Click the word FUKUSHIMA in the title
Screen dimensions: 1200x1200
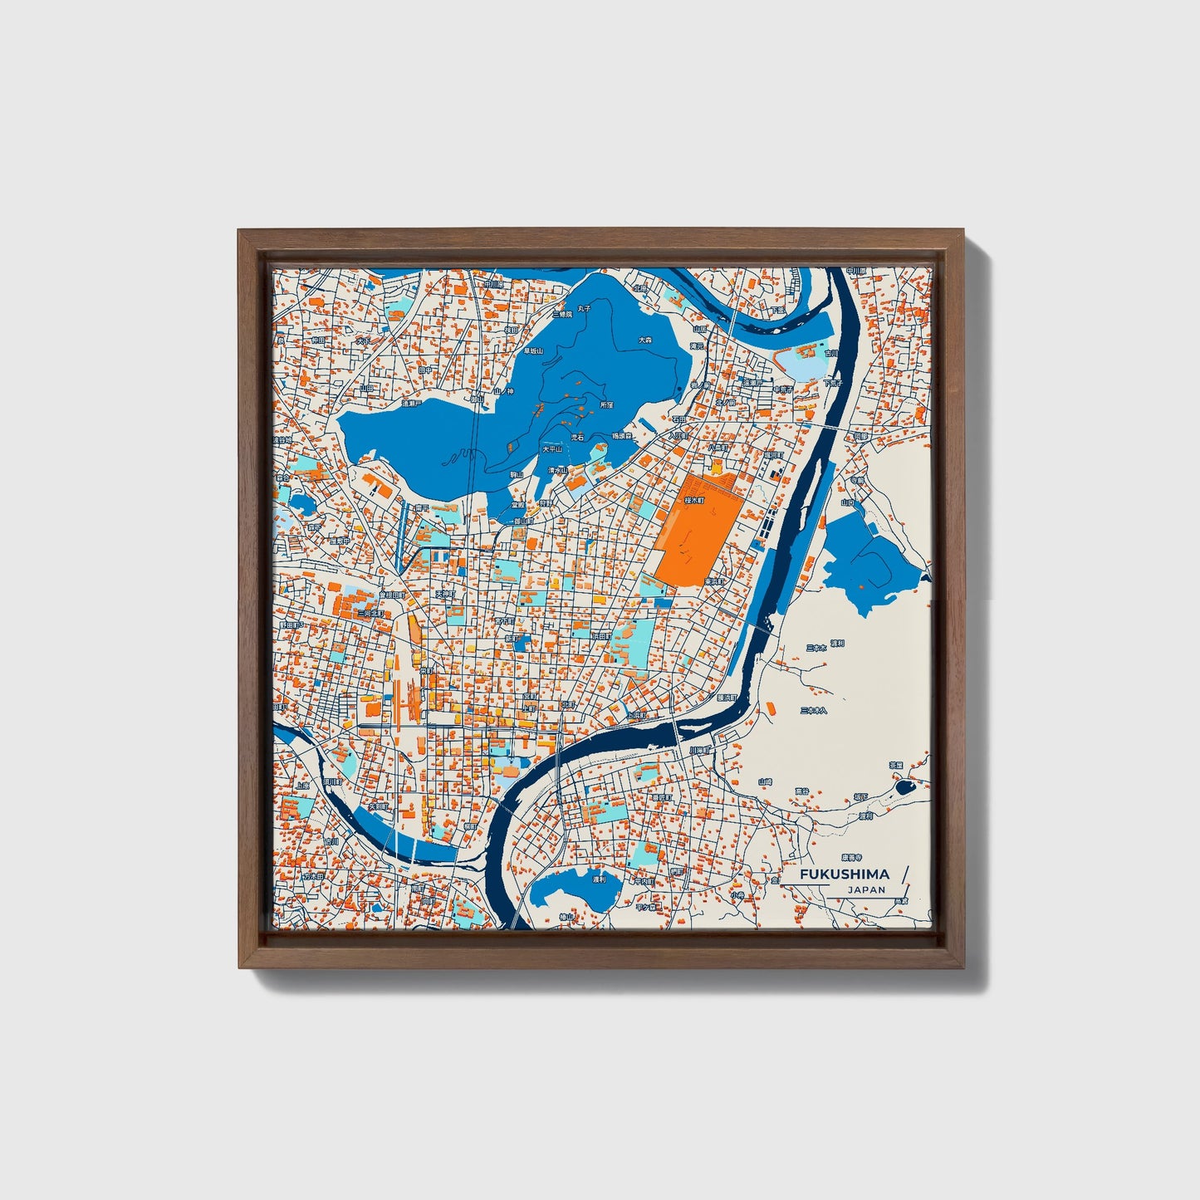point(844,874)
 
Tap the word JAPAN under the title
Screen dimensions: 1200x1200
point(866,889)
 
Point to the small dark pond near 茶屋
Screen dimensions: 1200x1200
point(903,784)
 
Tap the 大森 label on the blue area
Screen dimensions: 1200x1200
point(645,340)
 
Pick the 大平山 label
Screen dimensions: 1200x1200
point(552,448)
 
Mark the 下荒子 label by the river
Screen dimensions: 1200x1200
point(833,384)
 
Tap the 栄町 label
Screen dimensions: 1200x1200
point(426,669)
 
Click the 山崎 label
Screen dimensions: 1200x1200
point(765,781)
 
